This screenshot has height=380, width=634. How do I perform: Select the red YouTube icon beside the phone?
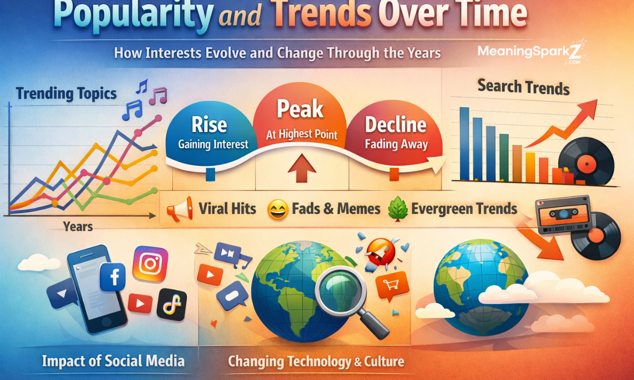click(140, 303)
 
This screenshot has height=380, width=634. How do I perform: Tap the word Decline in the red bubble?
click(396, 125)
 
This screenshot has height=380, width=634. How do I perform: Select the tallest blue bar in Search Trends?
click(464, 143)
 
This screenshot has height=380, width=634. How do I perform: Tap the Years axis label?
click(78, 227)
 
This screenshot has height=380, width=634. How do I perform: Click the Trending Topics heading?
click(66, 94)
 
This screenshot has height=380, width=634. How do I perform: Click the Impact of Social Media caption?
click(113, 361)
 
